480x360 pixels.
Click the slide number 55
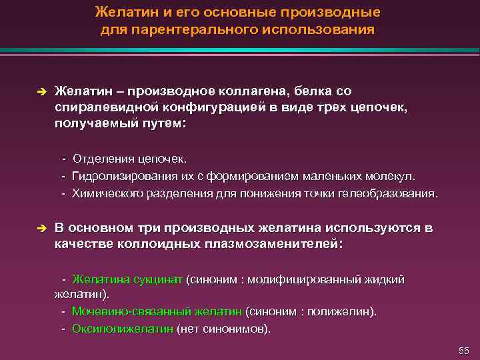pos(464,351)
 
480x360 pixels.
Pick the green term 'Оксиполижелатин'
pos(123,329)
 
